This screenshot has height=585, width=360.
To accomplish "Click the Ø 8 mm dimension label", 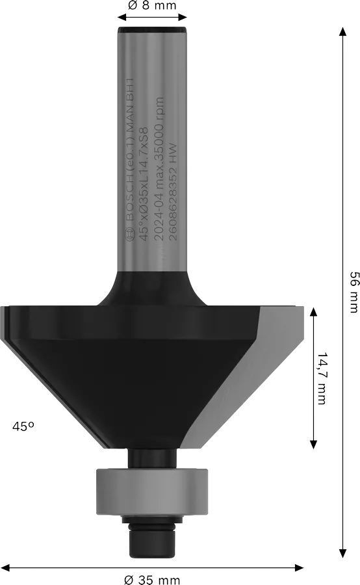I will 153,6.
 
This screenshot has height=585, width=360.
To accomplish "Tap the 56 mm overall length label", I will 354,292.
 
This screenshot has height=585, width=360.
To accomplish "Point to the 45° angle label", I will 23,426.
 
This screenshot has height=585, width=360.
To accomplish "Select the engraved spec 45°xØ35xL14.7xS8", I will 144,185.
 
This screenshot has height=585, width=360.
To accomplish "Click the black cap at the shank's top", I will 153,29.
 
